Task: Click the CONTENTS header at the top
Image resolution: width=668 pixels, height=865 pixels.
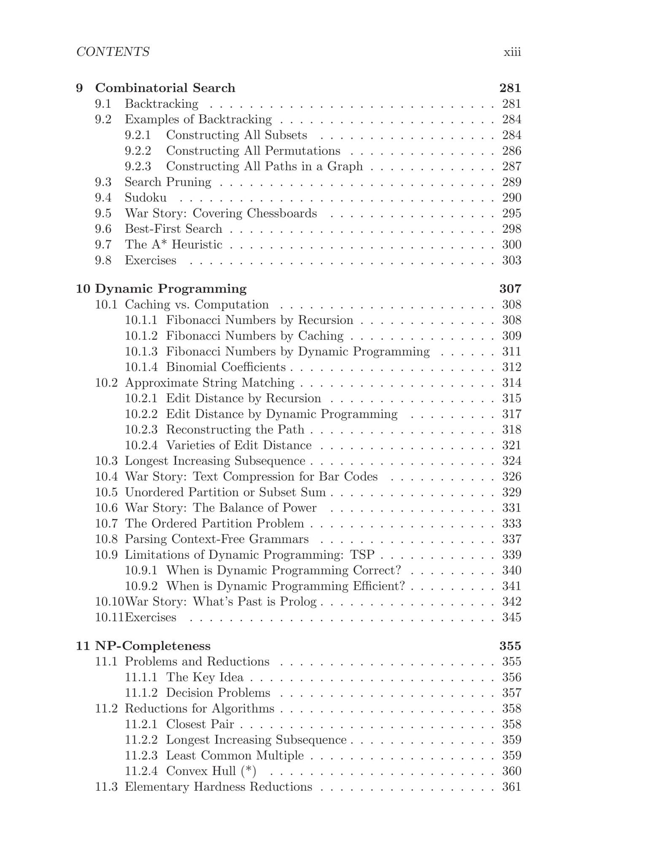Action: pos(113,52)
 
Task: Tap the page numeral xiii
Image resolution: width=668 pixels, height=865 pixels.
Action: pos(512,52)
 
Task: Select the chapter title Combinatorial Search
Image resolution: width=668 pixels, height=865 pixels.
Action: pos(165,88)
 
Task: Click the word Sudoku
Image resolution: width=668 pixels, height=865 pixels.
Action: pos(146,198)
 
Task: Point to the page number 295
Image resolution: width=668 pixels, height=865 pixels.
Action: pos(511,213)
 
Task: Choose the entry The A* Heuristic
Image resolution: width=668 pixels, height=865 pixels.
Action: pos(173,245)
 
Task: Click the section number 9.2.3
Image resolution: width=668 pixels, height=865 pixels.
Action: pos(138,166)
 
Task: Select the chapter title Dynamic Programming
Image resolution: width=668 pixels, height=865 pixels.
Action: pos(171,289)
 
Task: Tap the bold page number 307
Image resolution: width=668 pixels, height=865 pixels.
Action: pos(510,289)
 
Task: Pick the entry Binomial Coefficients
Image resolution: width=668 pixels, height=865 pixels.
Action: pos(226,367)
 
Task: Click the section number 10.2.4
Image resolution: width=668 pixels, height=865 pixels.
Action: pos(141,445)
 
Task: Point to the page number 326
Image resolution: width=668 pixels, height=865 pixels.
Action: pos(511,476)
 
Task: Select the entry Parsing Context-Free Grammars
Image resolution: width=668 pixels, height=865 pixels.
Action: pos(216,539)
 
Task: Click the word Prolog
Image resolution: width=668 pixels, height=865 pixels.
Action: pos(298,602)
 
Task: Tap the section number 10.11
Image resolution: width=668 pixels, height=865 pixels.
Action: pos(109,617)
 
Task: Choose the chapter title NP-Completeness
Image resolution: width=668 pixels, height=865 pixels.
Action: pos(153,646)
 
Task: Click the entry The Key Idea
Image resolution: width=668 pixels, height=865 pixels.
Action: pos(205,677)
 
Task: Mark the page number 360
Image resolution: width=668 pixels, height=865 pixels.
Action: pos(511,771)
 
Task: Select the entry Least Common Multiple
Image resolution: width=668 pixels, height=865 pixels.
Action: pos(235,756)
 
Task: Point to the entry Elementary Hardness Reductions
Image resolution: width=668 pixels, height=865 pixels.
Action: pos(218,787)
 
